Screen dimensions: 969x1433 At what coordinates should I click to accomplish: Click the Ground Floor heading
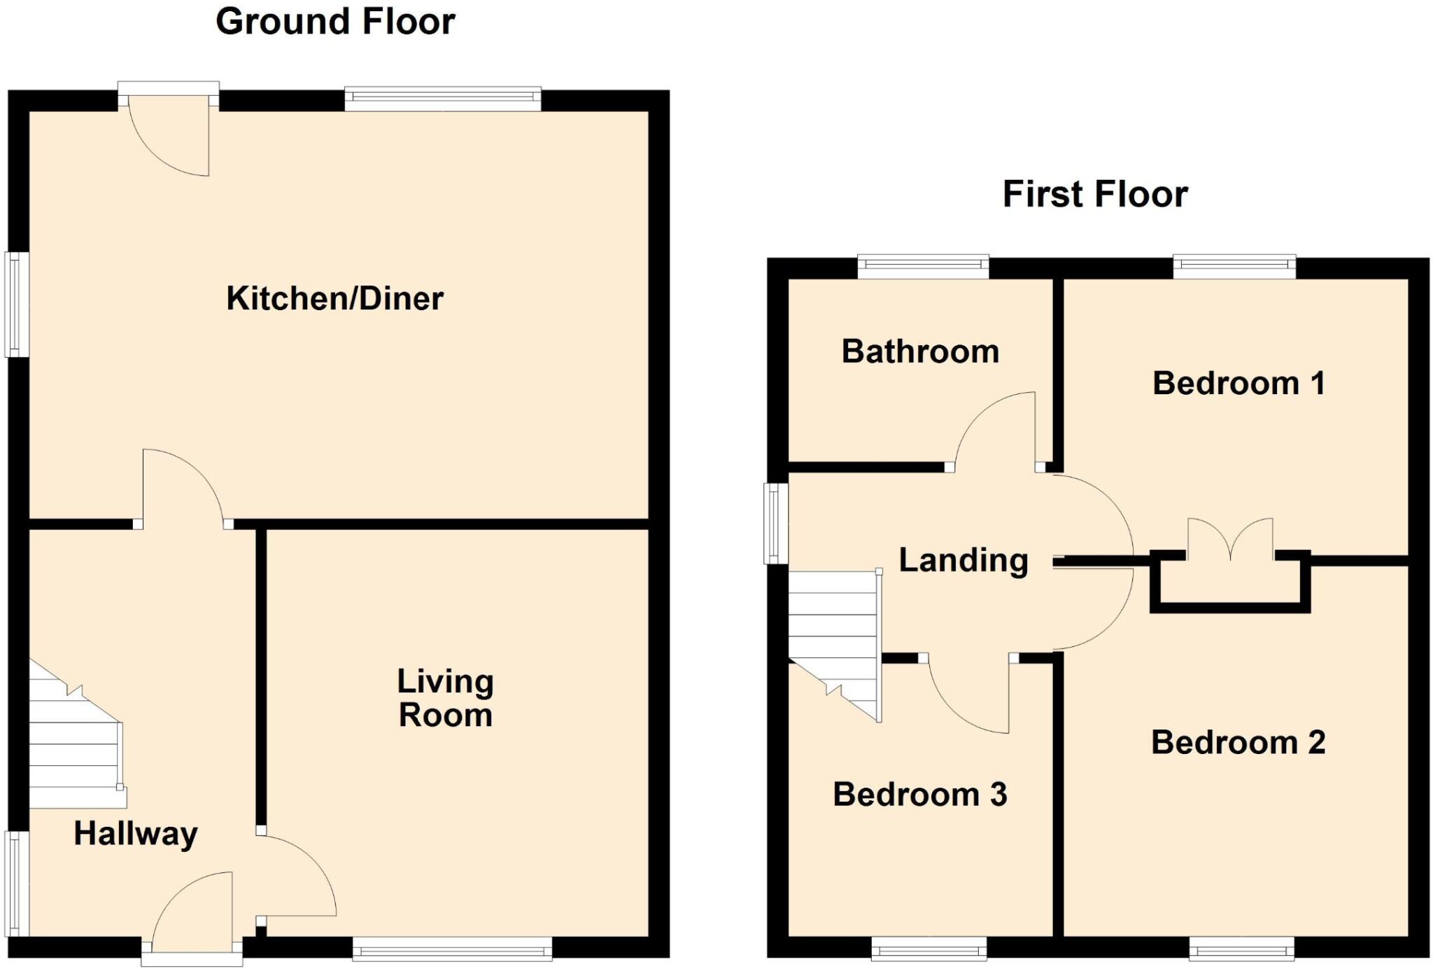(x=335, y=22)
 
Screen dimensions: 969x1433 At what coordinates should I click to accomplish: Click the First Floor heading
(x=1095, y=194)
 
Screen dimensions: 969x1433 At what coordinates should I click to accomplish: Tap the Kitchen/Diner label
(x=334, y=299)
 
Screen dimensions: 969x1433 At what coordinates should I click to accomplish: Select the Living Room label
(x=446, y=698)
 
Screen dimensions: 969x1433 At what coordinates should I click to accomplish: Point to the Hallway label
(x=136, y=834)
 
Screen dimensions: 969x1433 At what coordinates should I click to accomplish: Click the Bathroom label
(x=920, y=351)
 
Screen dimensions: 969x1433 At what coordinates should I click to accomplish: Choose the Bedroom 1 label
(x=1238, y=384)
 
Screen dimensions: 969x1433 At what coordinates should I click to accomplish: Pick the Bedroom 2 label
(x=1238, y=743)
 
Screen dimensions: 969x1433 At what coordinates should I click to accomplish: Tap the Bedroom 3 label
(x=919, y=795)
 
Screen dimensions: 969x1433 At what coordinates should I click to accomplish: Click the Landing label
(x=963, y=560)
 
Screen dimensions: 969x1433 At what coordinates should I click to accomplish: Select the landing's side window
(x=775, y=523)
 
